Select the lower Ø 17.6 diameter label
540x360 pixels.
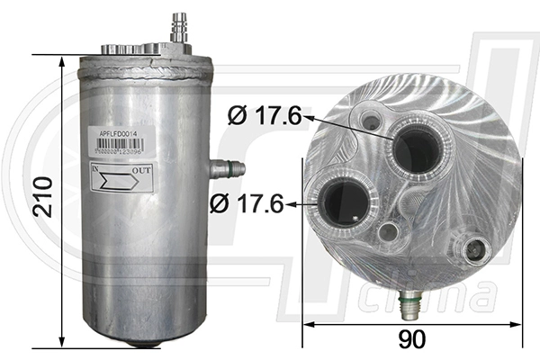(246, 204)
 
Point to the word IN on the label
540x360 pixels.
(97, 168)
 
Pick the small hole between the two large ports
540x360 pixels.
(389, 232)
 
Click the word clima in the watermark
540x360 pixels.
(464, 296)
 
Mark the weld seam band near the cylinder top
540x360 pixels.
(148, 65)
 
